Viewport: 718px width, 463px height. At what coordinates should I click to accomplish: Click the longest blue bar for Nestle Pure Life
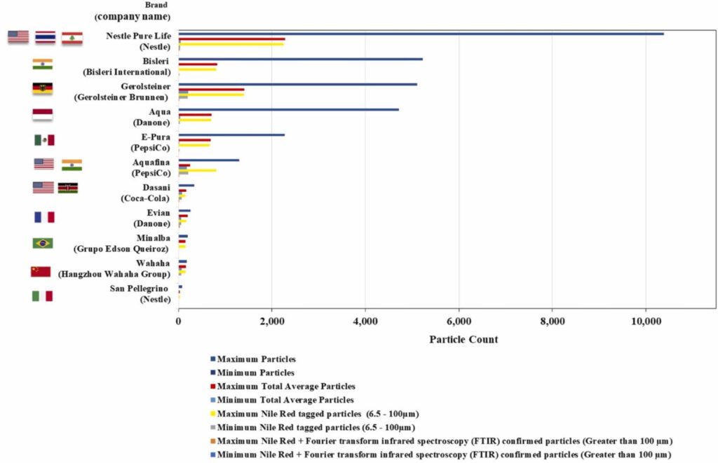[x=421, y=34]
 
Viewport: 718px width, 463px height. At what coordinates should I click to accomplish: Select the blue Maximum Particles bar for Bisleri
[x=300, y=59]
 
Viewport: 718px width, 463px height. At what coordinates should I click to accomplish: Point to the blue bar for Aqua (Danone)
[x=288, y=109]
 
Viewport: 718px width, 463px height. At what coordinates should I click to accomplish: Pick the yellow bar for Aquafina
[x=197, y=170]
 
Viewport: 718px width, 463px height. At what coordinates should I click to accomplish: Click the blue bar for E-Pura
[x=231, y=135]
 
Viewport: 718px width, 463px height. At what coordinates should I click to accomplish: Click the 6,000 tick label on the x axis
[x=459, y=322]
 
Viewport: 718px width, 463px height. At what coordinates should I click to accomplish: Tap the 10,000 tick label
[x=646, y=322]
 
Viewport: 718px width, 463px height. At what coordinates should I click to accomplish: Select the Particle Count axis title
[x=463, y=340]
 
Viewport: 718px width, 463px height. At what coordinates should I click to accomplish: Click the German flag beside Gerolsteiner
[x=43, y=88]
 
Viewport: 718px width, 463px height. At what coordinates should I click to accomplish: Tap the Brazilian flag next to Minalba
[x=43, y=243]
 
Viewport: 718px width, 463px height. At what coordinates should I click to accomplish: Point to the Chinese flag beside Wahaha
[x=41, y=271]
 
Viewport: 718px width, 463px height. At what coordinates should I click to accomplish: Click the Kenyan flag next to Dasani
[x=68, y=188]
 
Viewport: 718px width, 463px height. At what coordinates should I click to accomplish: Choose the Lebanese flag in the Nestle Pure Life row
[x=72, y=38]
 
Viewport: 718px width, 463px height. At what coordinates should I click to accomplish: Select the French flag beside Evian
[x=44, y=217]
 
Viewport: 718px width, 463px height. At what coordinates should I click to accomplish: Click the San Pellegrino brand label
[x=139, y=289]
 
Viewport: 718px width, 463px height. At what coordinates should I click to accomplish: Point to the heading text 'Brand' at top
[x=156, y=5]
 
